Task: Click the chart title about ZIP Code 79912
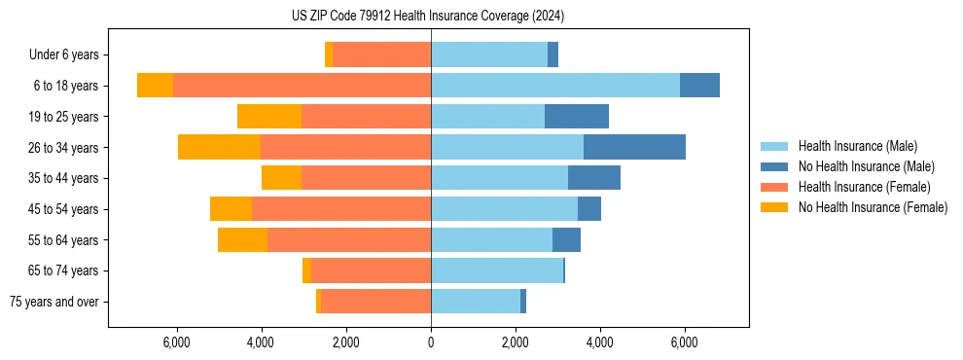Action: click(x=428, y=16)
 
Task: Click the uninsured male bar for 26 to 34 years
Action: click(x=634, y=147)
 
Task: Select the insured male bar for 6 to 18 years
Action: click(x=555, y=86)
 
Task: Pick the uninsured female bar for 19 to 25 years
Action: click(x=269, y=117)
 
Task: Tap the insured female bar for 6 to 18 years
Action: click(x=302, y=86)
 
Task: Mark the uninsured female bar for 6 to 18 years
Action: click(x=155, y=86)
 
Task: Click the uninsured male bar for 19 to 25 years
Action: click(x=577, y=117)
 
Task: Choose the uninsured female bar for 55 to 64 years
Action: click(x=242, y=239)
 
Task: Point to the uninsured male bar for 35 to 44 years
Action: click(x=594, y=178)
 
